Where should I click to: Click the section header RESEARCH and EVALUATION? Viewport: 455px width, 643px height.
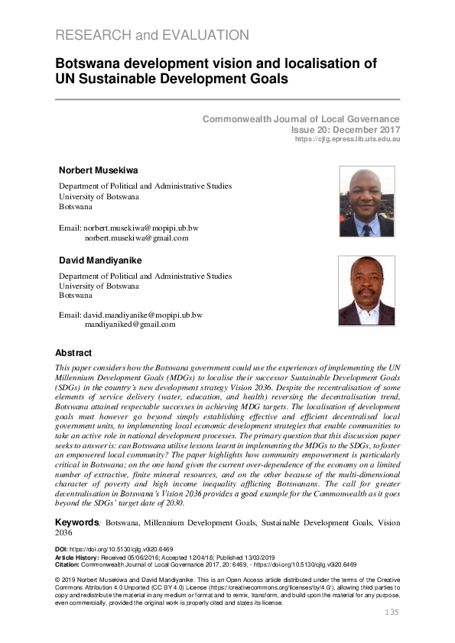152,35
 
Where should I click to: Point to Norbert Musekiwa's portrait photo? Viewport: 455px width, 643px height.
366,202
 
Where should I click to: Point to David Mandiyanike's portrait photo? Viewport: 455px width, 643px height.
366,291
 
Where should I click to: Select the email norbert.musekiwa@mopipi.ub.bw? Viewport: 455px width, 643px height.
141,228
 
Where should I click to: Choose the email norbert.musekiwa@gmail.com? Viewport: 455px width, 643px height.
136,237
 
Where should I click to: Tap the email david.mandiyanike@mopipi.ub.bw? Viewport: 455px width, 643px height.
143,314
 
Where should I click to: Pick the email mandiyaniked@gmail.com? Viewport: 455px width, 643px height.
130,324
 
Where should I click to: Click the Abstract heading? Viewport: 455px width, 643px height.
73,353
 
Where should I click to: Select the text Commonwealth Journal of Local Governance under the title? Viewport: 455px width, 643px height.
301,119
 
